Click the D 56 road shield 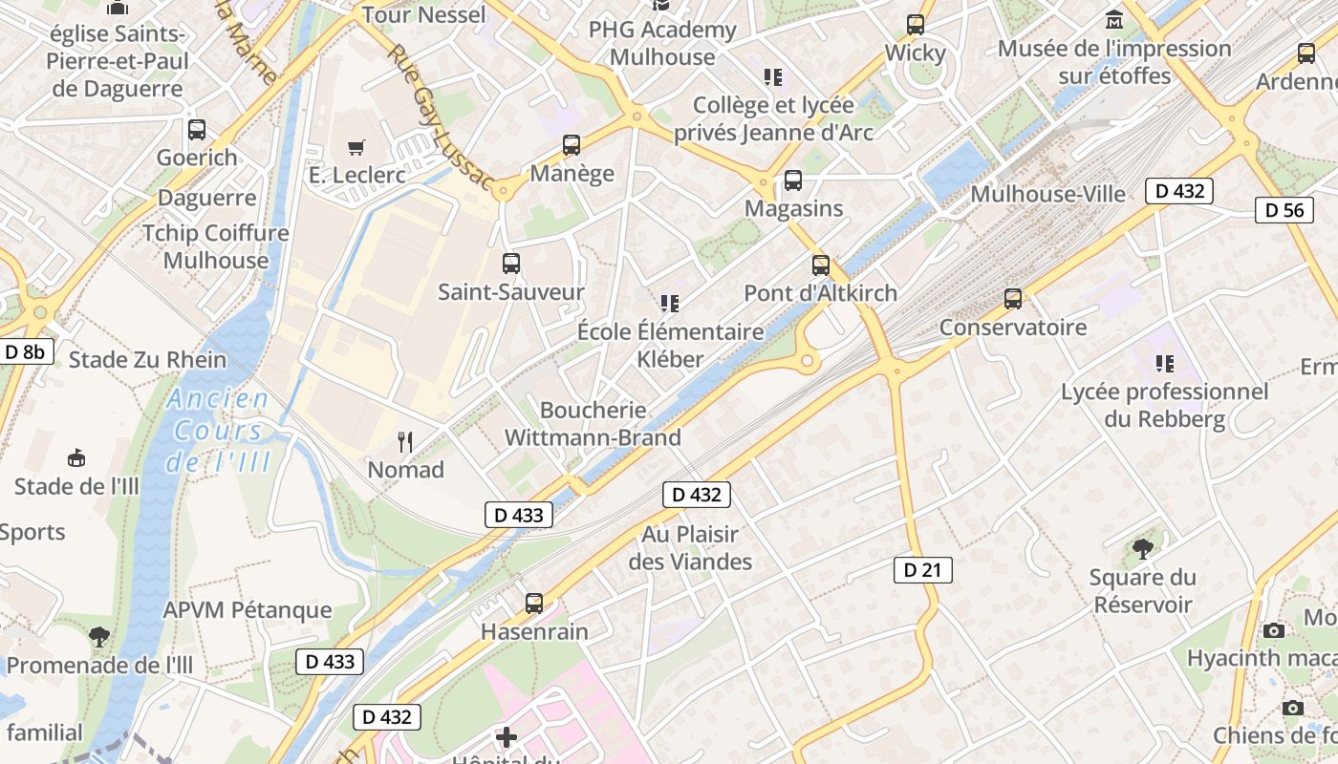coord(1284,210)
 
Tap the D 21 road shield coord(922,570)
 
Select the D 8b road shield coord(25,351)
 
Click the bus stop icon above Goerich coord(197,130)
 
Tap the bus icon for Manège coord(572,145)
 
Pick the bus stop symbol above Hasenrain coord(534,604)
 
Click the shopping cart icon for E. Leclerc coord(356,147)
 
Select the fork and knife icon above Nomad coord(406,441)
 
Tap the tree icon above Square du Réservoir coord(1142,548)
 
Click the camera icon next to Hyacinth coord(1274,630)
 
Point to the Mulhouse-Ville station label coord(1047,194)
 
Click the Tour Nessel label coord(423,14)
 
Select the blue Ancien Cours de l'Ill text coord(218,431)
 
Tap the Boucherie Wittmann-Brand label coord(593,424)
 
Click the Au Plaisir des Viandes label coord(690,547)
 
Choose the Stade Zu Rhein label coord(147,360)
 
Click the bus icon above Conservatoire coord(1013,299)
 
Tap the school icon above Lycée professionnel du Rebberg coord(1164,363)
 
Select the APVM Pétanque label coord(248,610)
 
